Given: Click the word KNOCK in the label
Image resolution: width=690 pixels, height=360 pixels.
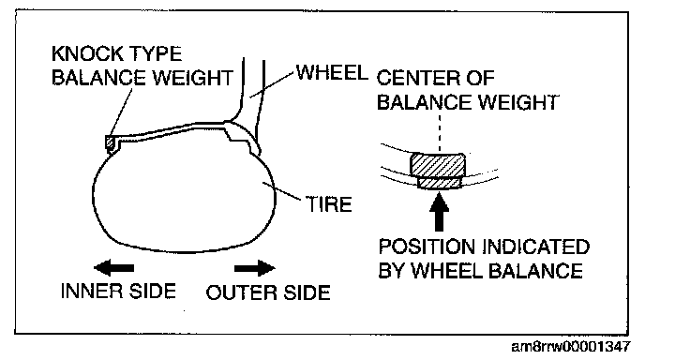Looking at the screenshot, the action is coord(81,53).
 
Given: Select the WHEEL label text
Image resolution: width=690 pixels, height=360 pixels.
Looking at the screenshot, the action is coord(332,72).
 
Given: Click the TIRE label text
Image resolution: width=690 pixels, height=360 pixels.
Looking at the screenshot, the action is coord(329,204).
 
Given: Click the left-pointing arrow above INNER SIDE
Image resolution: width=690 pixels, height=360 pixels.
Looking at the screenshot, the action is coord(114,267).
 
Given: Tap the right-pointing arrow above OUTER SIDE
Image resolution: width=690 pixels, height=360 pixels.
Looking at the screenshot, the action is coord(255,267).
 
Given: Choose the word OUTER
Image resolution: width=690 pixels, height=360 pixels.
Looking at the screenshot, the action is coord(236,292).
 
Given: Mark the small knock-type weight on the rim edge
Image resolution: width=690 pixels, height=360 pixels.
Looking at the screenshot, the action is coord(110,142).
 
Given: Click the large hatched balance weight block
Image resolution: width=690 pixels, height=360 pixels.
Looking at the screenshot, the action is coord(439,165).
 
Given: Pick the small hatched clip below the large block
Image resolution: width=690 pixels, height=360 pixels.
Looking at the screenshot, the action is coord(439,183).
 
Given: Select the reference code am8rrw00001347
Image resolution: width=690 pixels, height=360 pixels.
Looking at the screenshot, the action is coord(570,347).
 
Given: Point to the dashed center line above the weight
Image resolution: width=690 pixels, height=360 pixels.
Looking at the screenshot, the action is coord(439,132).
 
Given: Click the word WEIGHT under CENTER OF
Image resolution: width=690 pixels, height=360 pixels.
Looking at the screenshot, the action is coord(518,102).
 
